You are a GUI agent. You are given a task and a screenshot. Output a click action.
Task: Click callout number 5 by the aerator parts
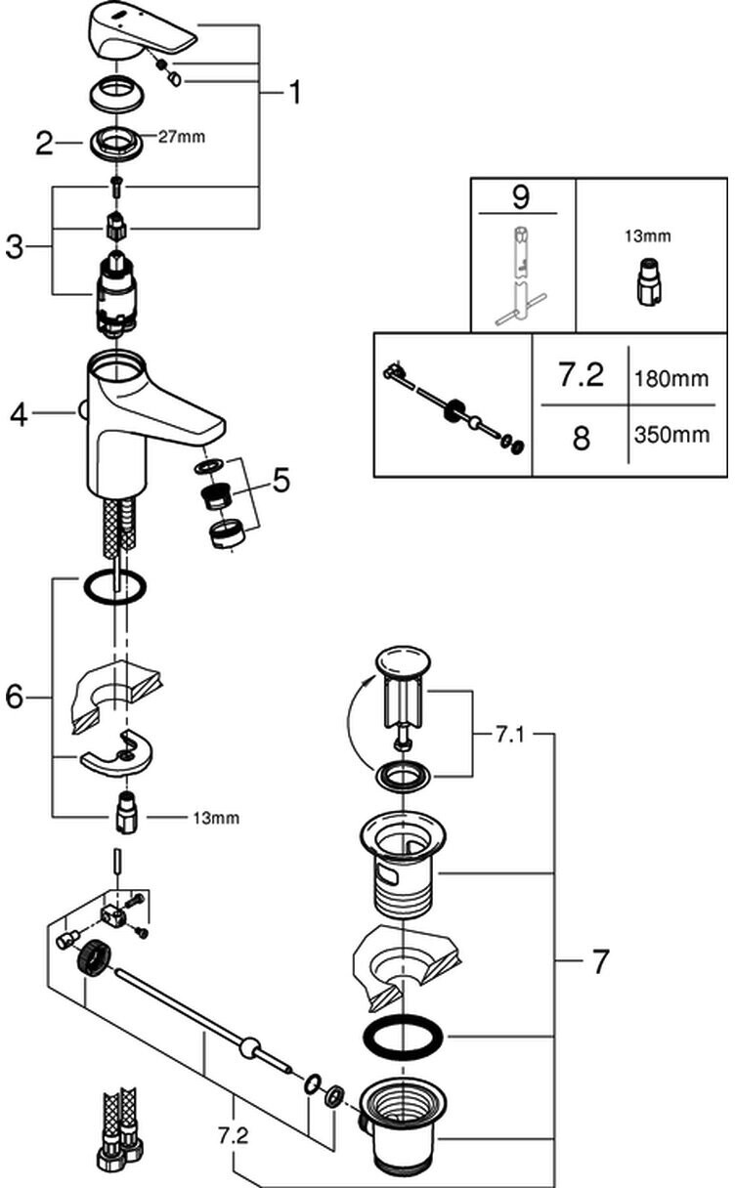[281, 480]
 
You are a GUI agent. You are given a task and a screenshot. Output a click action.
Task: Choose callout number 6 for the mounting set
[14, 696]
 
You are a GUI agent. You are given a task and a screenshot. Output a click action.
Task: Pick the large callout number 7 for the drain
[600, 962]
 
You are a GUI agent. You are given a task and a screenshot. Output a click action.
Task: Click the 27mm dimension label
[182, 138]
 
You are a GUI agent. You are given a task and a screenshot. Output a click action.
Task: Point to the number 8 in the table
[582, 437]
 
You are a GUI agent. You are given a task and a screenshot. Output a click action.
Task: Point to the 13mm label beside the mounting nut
[191, 816]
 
